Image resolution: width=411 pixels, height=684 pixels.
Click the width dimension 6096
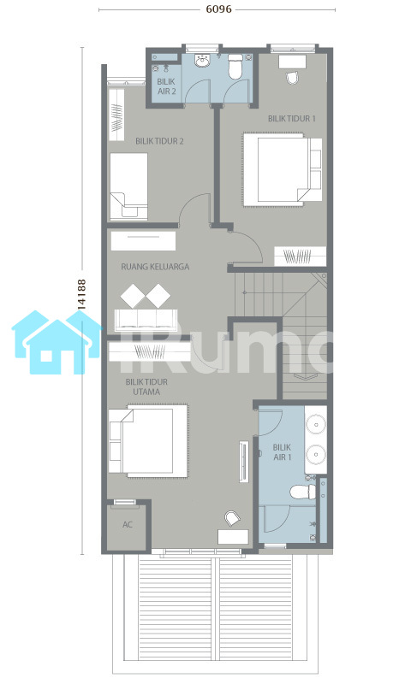click(x=219, y=9)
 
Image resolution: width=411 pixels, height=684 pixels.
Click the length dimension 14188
click(x=81, y=295)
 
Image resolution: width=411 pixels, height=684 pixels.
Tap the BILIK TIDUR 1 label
click(x=292, y=118)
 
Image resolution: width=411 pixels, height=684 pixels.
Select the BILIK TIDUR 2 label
click(x=159, y=141)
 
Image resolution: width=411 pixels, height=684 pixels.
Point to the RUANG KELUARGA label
click(x=155, y=267)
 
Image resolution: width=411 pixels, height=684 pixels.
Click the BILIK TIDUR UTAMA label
click(x=146, y=387)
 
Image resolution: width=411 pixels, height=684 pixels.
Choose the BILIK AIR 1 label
click(x=283, y=452)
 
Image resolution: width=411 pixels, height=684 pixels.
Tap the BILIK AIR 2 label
click(x=166, y=86)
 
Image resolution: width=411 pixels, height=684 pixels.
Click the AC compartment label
click(x=127, y=524)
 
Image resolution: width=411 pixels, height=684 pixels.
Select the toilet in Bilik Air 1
click(x=303, y=492)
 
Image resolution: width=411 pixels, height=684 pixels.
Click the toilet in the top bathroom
click(x=235, y=67)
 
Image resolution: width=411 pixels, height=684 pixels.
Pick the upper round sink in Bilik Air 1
click(x=316, y=423)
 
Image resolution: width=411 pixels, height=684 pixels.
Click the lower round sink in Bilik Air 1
click(x=316, y=455)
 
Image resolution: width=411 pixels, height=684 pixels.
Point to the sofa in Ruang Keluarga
click(x=146, y=320)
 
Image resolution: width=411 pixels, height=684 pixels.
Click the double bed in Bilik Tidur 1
click(x=283, y=169)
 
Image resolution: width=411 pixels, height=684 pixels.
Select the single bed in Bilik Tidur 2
click(x=128, y=186)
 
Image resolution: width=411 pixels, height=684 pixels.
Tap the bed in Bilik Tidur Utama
click(x=148, y=441)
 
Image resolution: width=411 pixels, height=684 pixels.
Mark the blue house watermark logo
click(x=57, y=342)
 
